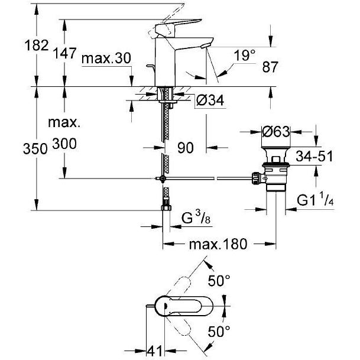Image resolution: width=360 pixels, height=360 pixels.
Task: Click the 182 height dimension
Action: click(x=37, y=46)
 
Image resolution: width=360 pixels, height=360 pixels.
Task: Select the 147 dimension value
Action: click(x=64, y=53)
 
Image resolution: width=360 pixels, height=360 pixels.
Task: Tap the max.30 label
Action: click(x=106, y=59)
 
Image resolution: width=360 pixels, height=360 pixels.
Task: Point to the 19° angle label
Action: click(x=245, y=56)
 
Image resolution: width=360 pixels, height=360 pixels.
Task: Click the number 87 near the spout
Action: click(x=270, y=67)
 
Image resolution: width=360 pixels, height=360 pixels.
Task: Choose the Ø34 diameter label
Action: click(x=210, y=100)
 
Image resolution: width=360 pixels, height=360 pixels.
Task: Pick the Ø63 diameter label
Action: click(x=276, y=132)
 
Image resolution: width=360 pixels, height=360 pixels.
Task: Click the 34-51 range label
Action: click(x=314, y=156)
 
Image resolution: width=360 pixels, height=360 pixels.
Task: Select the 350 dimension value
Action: click(x=35, y=149)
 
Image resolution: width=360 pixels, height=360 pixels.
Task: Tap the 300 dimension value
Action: click(x=64, y=144)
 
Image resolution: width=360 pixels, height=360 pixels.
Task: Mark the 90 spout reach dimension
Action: click(x=186, y=148)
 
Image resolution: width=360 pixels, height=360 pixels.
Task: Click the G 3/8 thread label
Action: click(x=196, y=218)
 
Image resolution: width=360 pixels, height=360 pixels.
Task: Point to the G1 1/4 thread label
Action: click(x=315, y=200)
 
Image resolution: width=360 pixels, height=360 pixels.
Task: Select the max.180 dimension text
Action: click(x=218, y=244)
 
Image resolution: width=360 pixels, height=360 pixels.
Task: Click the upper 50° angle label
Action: click(x=219, y=280)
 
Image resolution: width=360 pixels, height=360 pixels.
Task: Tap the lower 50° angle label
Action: click(x=219, y=331)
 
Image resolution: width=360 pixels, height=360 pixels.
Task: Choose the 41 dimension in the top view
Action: click(x=154, y=351)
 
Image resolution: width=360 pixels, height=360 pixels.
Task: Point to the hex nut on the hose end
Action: click(x=167, y=207)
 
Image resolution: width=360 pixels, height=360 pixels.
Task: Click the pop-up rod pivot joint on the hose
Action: click(x=163, y=178)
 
